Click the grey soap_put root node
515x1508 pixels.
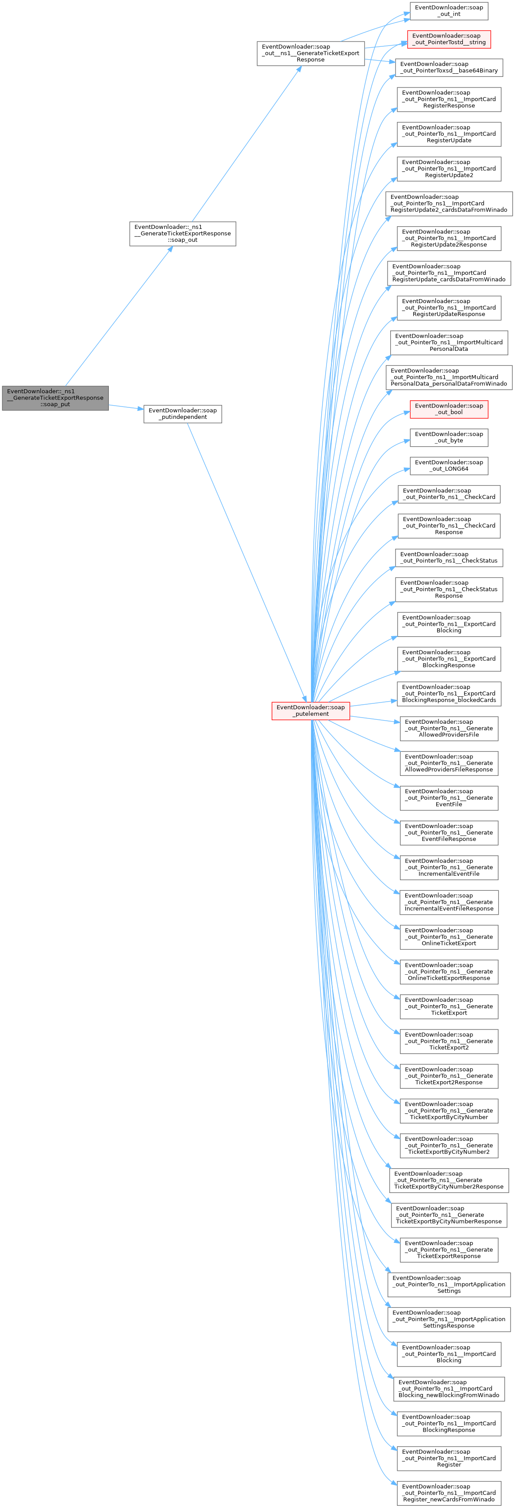tap(55, 398)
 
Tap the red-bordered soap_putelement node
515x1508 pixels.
tap(311, 710)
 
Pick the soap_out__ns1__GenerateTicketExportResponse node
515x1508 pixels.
tap(311, 53)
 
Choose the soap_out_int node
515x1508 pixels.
tap(449, 11)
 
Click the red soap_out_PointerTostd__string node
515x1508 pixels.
tap(449, 39)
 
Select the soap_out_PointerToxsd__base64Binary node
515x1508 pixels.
tap(449, 67)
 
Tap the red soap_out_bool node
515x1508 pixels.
tap(449, 409)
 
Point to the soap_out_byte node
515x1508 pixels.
tap(449, 437)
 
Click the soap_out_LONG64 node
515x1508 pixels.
tap(449, 465)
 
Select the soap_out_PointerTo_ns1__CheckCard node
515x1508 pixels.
tap(449, 494)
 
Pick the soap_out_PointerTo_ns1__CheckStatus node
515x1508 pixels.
tap(449, 557)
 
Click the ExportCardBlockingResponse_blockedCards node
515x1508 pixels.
tap(449, 693)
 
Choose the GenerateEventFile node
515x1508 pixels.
tap(449, 798)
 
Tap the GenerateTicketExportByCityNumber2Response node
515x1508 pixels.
tap(449, 1180)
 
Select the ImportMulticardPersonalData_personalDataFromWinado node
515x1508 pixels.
tap(449, 377)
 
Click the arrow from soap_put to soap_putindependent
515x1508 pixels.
tap(126, 407)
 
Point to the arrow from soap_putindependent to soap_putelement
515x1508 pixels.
tap(246, 558)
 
